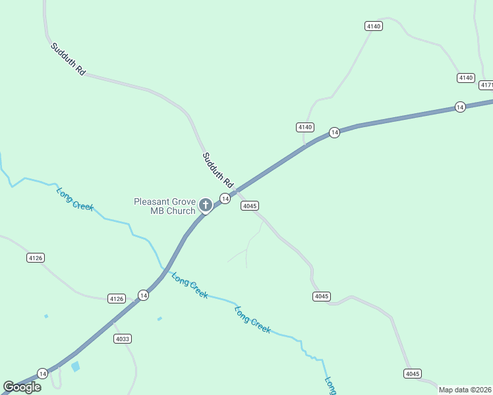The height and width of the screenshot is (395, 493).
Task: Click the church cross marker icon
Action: (x=205, y=205)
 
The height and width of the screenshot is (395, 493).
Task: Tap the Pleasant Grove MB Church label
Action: (x=165, y=206)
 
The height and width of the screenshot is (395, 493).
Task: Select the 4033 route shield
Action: (x=122, y=339)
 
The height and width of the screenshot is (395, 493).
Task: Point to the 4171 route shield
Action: (x=486, y=85)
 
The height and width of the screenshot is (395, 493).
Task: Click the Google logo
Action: (x=22, y=386)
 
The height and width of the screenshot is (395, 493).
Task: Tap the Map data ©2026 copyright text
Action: (x=465, y=390)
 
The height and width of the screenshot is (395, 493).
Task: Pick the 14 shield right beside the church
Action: (x=225, y=199)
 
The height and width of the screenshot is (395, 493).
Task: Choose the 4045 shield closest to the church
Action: (x=249, y=206)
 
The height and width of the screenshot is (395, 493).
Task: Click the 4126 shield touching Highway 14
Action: (x=116, y=299)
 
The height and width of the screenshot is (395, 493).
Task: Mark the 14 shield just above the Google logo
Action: (x=42, y=373)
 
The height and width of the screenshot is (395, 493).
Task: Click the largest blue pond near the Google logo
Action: (x=76, y=367)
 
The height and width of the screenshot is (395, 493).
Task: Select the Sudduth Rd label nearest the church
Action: (x=218, y=170)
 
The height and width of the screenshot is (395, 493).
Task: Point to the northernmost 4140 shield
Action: (x=374, y=26)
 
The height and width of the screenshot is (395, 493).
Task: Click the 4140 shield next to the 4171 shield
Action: (x=466, y=78)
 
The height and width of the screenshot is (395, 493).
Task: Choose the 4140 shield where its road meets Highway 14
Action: (x=304, y=127)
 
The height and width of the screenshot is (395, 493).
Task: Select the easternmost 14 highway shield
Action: (x=460, y=107)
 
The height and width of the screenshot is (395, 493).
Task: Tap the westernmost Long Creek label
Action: (x=75, y=199)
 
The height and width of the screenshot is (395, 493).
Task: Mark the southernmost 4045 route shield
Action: (x=412, y=374)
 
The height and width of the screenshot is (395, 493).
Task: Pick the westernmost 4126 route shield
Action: (x=36, y=258)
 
